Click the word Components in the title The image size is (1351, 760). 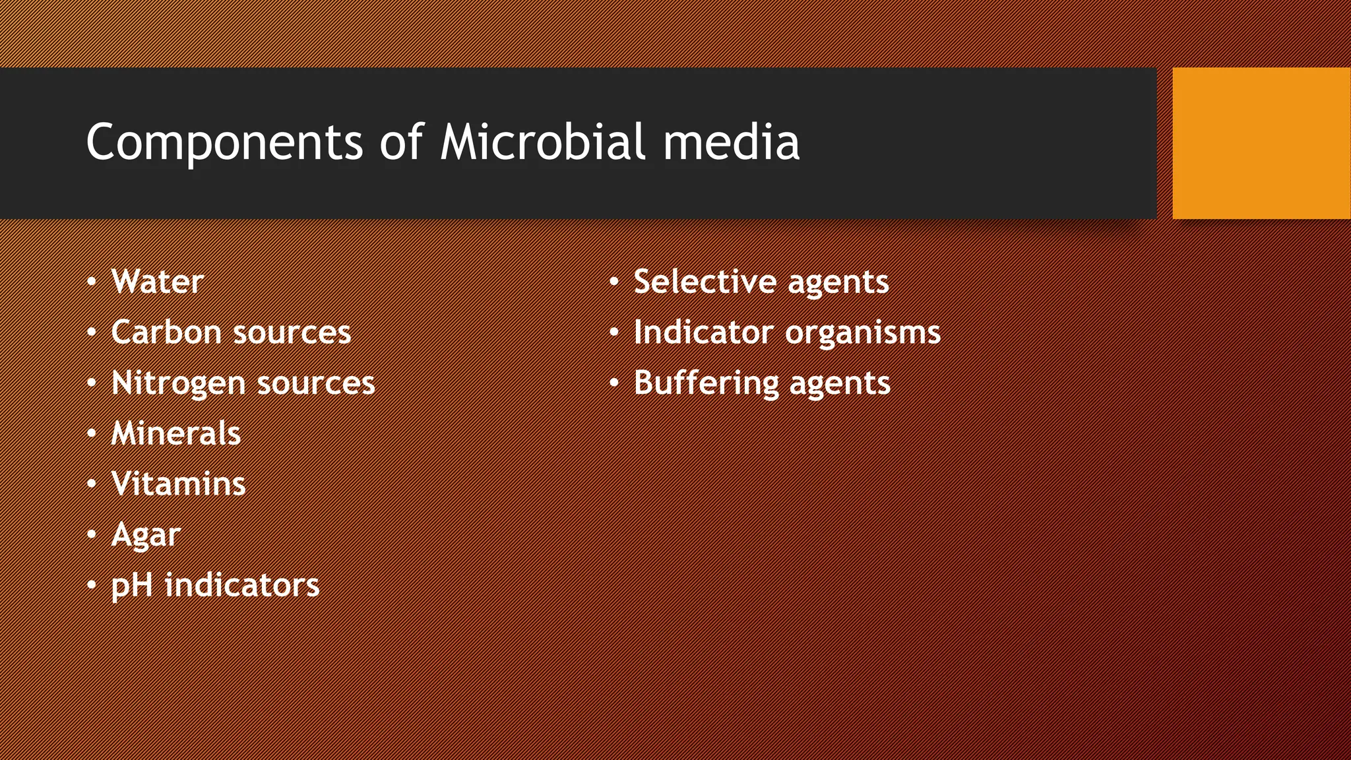(224, 142)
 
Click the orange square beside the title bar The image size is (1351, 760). (1261, 142)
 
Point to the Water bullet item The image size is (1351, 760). (158, 282)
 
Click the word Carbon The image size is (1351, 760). (165, 332)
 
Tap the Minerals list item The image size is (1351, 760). (176, 433)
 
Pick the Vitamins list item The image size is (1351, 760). (179, 484)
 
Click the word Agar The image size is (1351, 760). (146, 534)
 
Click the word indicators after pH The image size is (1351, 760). (241, 585)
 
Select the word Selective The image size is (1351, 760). (704, 282)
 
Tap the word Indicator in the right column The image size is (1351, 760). (703, 332)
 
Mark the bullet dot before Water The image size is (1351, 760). (92, 282)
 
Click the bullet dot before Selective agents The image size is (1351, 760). (614, 282)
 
